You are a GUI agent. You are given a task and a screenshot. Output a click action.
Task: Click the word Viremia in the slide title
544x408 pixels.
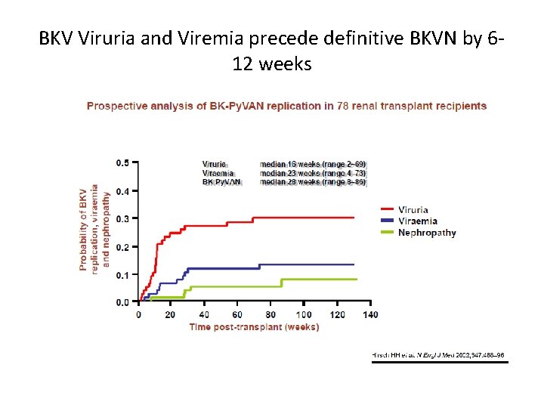pos(204,39)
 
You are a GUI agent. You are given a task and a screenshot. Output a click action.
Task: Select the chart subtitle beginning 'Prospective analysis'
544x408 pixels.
pos(286,106)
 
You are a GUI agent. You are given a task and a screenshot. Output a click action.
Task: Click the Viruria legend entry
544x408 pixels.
pos(413,210)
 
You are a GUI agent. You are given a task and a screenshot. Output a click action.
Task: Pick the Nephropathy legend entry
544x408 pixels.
pos(427,233)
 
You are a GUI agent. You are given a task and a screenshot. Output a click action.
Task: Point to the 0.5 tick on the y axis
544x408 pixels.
pos(122,162)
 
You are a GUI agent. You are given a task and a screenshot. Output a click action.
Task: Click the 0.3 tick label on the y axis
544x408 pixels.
pos(122,218)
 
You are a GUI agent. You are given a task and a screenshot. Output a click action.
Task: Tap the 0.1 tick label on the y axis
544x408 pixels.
pos(122,274)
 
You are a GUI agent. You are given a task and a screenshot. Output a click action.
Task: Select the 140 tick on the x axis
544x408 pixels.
pos(370,314)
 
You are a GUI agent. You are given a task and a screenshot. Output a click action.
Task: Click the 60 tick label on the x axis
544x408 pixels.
pos(238,314)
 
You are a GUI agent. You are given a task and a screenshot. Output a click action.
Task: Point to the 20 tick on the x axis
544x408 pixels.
pos(172,314)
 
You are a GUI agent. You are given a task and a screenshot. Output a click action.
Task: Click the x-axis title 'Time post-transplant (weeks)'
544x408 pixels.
pos(254,327)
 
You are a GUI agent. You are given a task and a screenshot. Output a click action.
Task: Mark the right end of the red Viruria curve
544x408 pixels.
pos(354,218)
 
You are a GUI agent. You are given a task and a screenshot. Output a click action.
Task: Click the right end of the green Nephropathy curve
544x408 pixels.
pos(356,280)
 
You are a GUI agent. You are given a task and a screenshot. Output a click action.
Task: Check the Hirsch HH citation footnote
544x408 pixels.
pos(438,354)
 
